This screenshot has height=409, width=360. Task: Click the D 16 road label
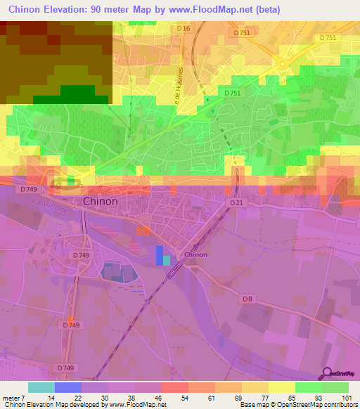pos(184,28)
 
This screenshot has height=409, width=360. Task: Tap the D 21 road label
pos(237,203)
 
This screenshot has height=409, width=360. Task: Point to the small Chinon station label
pos(195,254)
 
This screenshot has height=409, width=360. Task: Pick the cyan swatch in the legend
pos(41,387)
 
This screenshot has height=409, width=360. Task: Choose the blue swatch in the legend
pos(68,387)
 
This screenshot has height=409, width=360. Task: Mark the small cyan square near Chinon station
pos(167,261)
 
